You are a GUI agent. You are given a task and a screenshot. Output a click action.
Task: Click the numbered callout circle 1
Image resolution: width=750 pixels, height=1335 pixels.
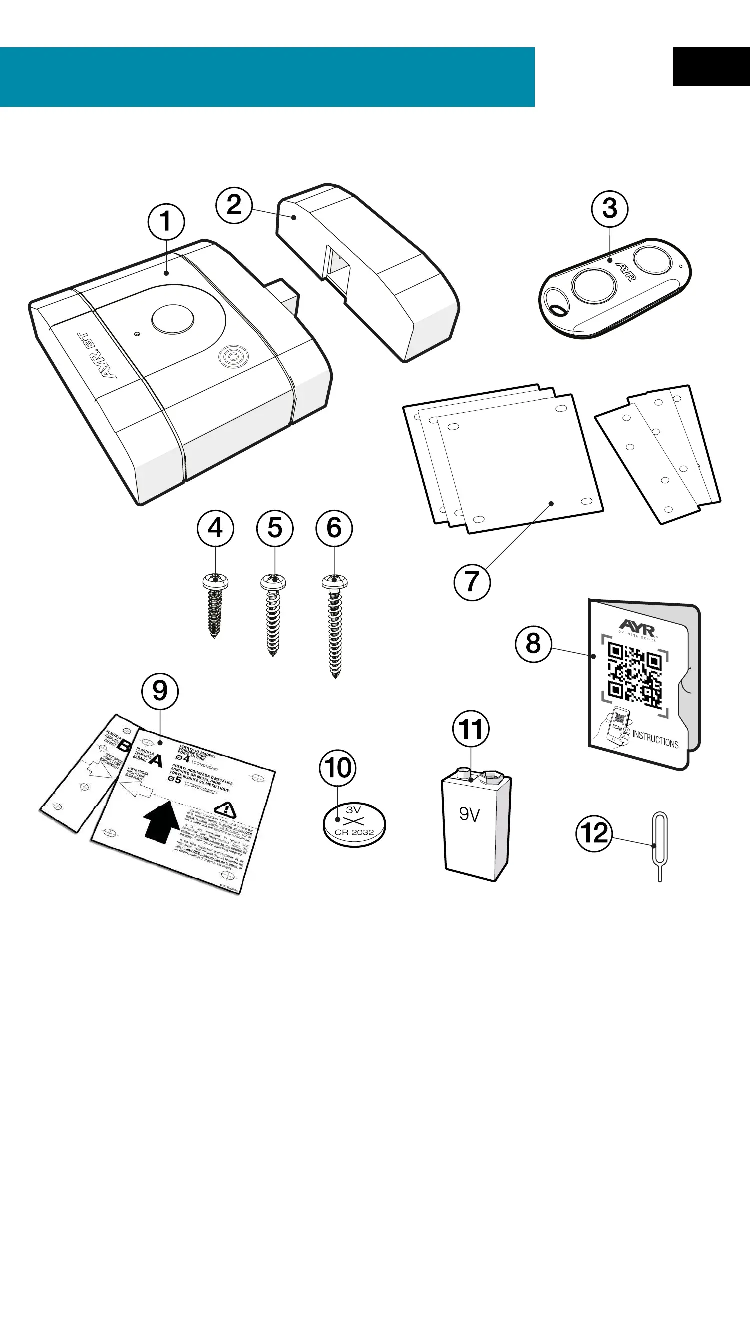[x=166, y=221]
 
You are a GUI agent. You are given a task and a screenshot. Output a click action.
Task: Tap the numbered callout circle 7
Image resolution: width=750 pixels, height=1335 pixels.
[x=472, y=582]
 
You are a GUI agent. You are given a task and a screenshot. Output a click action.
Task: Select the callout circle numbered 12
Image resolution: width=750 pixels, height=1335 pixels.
[x=594, y=833]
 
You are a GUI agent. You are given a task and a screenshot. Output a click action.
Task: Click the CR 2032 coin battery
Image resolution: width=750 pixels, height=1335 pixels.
[x=354, y=824]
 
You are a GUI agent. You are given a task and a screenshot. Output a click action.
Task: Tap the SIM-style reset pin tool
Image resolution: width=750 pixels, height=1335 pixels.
[x=660, y=845]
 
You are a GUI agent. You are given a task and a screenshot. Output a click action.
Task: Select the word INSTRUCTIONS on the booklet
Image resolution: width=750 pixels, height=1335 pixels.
[x=655, y=739]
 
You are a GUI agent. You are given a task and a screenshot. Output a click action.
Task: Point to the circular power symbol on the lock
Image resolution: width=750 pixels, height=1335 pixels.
[x=233, y=357]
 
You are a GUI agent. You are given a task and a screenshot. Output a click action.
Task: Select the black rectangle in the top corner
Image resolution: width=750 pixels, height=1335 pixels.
[x=711, y=67]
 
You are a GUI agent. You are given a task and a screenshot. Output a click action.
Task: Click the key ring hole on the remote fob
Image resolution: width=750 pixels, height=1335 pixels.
[x=558, y=309]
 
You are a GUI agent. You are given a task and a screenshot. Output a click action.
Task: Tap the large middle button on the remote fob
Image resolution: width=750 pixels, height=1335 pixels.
[x=594, y=286]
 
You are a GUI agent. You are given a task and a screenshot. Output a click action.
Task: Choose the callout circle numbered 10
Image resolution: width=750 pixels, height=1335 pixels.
[x=337, y=768]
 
